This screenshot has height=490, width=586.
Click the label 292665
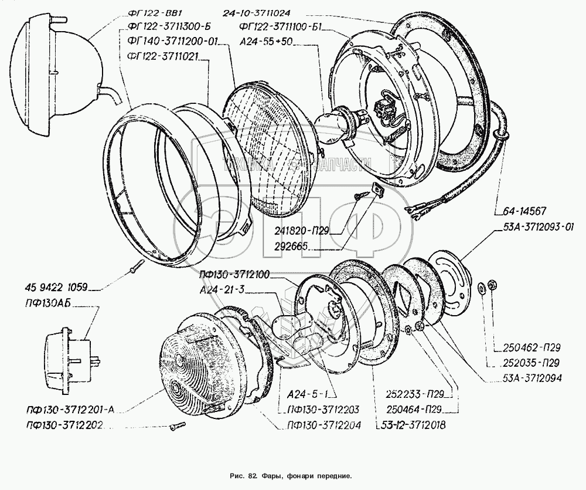pyautogui.click(x=291, y=246)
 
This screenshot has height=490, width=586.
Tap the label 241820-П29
pyautogui.click(x=302, y=231)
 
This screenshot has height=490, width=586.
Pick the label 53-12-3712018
pyautogui.click(x=413, y=425)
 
